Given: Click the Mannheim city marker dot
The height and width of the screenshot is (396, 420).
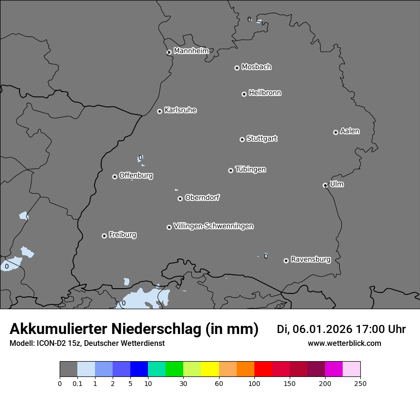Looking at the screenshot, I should coord(169,52).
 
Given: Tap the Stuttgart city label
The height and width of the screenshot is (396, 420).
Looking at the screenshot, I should coord(262,139).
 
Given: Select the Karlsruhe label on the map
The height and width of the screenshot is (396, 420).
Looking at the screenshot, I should coord(180,110).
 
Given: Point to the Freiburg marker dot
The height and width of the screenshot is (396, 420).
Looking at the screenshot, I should coord(104,236).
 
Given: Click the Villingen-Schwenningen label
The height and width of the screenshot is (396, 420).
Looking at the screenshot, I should coord(213,226).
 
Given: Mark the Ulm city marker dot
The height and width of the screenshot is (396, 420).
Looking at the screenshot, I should coord(325,185).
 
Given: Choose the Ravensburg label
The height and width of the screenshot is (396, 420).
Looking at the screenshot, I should coord(311,260).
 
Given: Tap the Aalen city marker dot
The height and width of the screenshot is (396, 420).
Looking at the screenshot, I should coord(336,132).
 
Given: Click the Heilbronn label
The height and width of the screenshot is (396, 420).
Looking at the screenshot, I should coord(265,93).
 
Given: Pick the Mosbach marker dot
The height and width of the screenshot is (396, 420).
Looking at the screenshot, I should coord(237,68).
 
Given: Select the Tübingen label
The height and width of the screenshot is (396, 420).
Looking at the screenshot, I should coord(251,169).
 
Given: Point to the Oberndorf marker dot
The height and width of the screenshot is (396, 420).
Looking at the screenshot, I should coord(180,198).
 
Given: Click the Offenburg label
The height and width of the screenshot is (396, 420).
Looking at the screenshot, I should coord(136,176).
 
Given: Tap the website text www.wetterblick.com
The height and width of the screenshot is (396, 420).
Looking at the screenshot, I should coord(344,344).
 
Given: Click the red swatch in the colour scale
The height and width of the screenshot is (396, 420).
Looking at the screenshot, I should coord(263,369).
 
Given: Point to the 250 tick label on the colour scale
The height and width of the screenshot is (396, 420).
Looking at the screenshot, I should coord(360,383).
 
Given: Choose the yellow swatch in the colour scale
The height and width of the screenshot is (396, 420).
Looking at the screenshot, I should coord(210,369).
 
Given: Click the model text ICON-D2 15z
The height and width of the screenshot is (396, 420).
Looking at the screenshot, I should coord(56,344).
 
